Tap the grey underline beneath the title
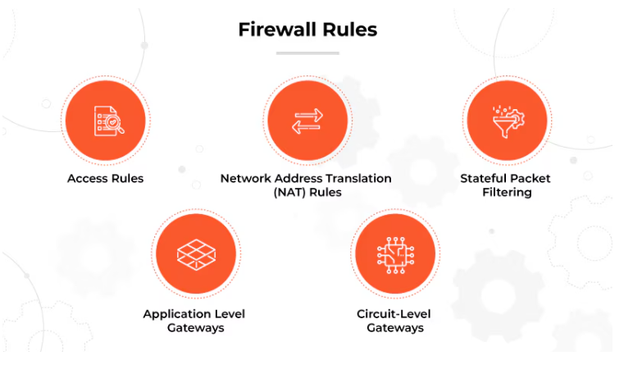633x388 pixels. [307, 52]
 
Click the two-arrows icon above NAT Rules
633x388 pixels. [307, 121]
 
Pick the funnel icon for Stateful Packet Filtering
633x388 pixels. [506, 121]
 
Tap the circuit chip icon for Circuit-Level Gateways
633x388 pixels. [395, 254]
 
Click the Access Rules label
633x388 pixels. [105, 178]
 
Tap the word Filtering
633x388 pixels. [506, 193]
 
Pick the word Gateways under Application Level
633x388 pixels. [194, 328]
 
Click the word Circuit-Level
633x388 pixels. [394, 314]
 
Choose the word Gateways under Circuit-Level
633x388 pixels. [394, 328]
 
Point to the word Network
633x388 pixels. [244, 178]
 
